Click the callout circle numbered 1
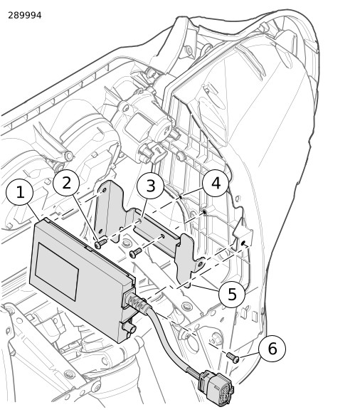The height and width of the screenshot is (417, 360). (20, 192)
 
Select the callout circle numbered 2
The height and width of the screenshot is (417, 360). (66, 183)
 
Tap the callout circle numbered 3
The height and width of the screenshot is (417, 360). (151, 185)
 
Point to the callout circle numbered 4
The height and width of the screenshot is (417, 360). (216, 183)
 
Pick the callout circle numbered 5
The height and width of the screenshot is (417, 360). (232, 294)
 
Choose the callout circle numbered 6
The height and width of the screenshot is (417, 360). (272, 348)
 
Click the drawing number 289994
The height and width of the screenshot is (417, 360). (25, 16)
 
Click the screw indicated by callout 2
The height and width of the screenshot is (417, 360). (100, 243)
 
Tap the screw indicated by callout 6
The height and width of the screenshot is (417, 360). (233, 357)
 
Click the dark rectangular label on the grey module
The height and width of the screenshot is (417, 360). (57, 271)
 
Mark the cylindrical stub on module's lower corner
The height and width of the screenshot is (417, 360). (129, 327)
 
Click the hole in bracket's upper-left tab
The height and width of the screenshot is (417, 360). (105, 190)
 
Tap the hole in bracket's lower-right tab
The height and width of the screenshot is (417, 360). (201, 264)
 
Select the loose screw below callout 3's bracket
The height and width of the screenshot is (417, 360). (135, 253)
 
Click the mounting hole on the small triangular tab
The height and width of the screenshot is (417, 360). (243, 243)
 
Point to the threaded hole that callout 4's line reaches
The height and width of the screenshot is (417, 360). (204, 212)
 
